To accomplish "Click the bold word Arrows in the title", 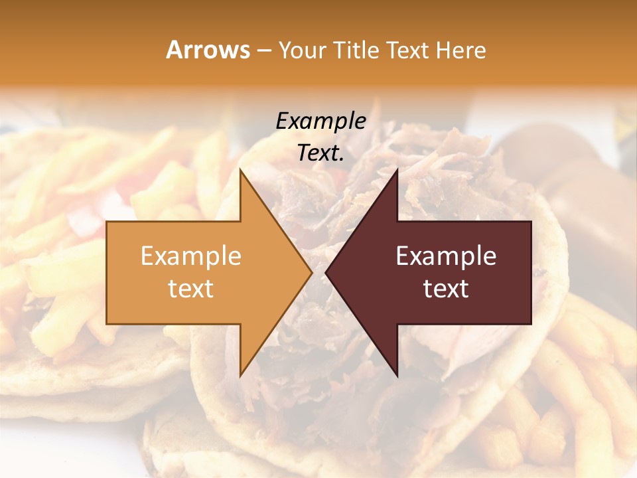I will coord(208,50).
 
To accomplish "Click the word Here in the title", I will coord(461,50).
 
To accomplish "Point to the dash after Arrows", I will coord(263,51).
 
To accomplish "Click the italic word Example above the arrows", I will coord(320,121).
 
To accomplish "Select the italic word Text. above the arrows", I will coord(320,153).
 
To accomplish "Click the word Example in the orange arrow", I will coord(191,256).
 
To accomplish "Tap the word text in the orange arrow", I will coord(191,288).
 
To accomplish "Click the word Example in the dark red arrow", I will coord(446,256).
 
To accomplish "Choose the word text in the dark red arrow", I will coord(446,288).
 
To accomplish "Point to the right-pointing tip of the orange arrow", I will coord(311,272).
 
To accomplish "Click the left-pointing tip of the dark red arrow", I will coord(326,272).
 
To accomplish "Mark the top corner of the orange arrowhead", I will coord(240,170).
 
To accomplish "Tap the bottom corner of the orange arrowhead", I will coord(240,375).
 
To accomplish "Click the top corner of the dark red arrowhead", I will coord(397,170).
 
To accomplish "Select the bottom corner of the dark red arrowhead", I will coord(397,375).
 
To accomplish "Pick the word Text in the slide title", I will coord(405,50).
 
